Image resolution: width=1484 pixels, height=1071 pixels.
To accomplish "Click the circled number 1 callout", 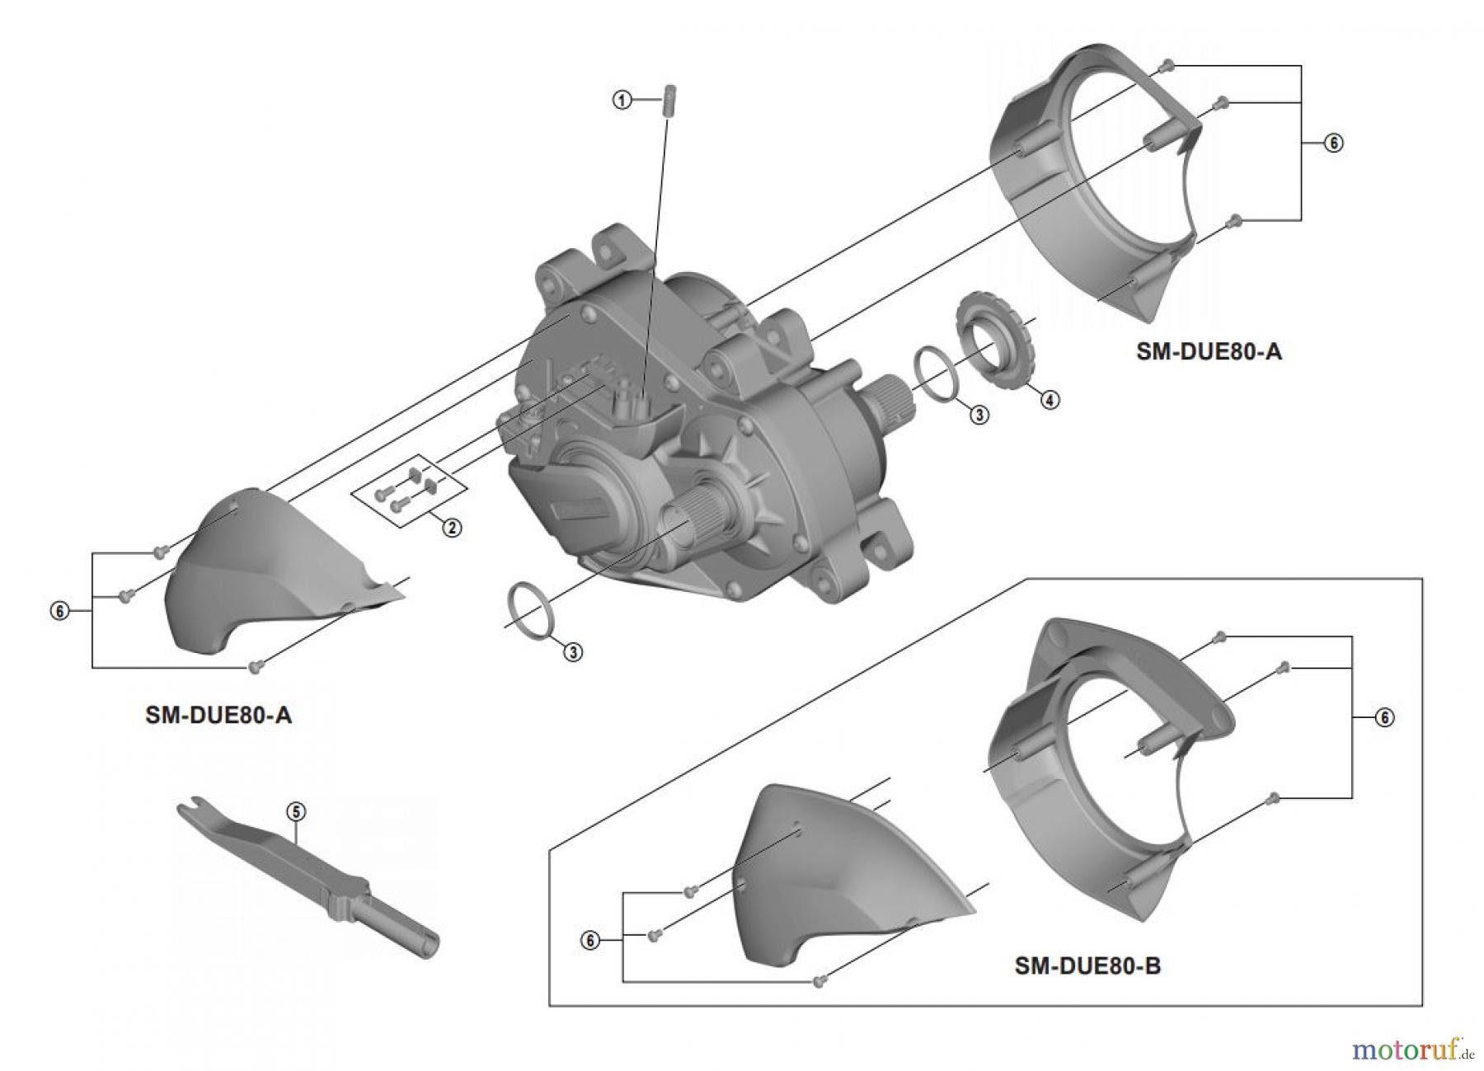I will (x=622, y=100).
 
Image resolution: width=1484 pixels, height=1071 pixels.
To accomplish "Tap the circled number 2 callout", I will (x=451, y=528).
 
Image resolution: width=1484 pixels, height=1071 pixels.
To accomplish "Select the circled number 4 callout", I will (x=1049, y=399).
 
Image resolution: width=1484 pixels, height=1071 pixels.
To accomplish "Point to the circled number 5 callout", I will (x=295, y=811).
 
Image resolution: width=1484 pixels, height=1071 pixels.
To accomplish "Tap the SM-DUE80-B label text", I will (x=1087, y=965).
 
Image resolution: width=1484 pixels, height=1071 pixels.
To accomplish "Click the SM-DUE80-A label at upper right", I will (x=1209, y=351).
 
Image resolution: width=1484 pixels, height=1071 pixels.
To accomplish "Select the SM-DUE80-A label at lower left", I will (x=218, y=715).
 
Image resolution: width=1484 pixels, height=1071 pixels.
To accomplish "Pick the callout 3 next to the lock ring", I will (x=979, y=415).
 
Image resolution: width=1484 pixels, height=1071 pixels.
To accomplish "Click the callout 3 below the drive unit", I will (x=572, y=652).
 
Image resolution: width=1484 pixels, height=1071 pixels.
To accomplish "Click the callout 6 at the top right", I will (x=1333, y=143).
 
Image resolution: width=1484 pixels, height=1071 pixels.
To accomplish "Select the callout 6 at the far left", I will (x=59, y=612).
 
